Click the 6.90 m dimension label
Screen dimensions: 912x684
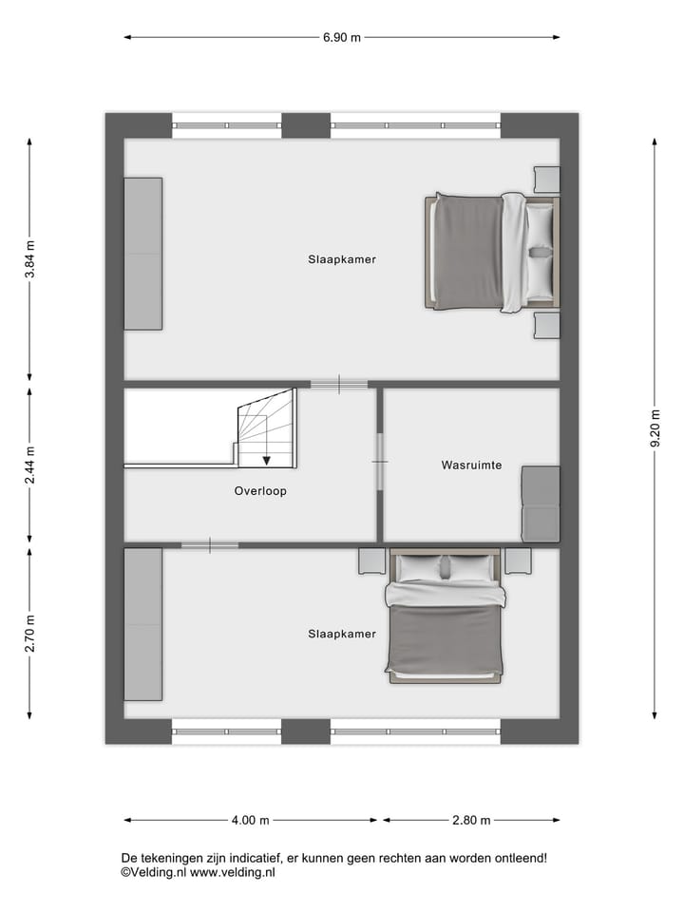(x=342, y=38)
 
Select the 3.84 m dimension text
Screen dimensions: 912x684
(x=29, y=258)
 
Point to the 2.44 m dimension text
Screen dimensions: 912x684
(x=29, y=465)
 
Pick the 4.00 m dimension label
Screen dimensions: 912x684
(x=251, y=820)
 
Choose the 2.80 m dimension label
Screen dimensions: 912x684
(x=471, y=820)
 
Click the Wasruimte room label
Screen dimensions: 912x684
(x=471, y=465)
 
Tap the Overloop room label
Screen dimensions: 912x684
(x=260, y=491)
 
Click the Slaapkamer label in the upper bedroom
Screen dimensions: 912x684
(x=342, y=258)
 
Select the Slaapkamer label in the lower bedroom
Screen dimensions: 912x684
(x=342, y=634)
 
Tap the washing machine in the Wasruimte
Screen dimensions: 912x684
(x=541, y=503)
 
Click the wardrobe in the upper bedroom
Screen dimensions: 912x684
(x=143, y=254)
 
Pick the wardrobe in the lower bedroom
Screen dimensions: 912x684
(x=143, y=624)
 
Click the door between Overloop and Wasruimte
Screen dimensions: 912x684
(x=379, y=462)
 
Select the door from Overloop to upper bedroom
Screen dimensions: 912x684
(x=339, y=384)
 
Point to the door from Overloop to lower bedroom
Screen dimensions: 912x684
(x=210, y=545)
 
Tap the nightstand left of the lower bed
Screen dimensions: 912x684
(x=371, y=561)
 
